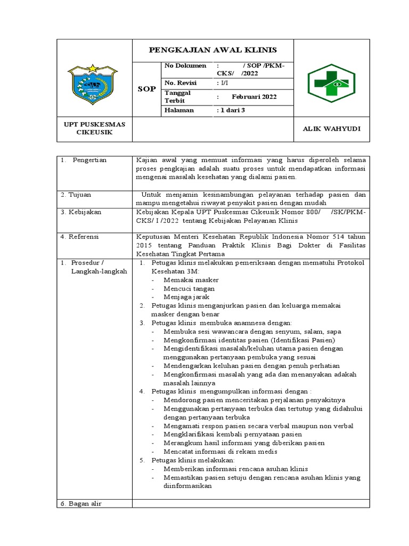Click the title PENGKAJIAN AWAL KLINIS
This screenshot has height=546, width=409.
pyautogui.click(x=212, y=50)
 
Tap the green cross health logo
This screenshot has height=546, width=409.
pyautogui.click(x=331, y=84)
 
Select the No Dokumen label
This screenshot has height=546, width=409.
pyautogui.click(x=185, y=66)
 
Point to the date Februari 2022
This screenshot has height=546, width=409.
pyautogui.click(x=254, y=97)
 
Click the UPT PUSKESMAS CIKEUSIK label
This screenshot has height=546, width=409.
pyautogui.click(x=94, y=129)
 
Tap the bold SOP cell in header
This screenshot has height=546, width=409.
pyautogui.click(x=146, y=89)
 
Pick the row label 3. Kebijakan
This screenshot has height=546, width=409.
pyautogui.click(x=80, y=212)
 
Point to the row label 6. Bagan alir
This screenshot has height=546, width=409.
pyautogui.click(x=80, y=504)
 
